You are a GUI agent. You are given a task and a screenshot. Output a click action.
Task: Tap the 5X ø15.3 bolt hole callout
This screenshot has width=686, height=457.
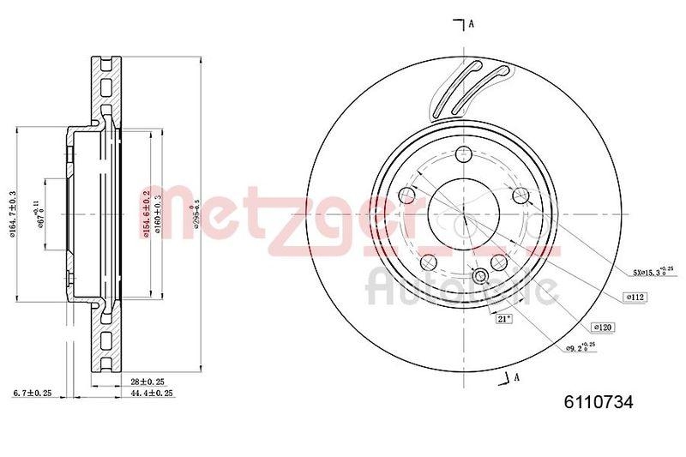click(652, 271)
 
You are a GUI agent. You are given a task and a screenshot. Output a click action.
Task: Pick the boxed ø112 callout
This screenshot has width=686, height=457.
click(635, 297)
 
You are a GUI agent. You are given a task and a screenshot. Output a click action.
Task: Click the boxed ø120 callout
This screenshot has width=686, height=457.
click(604, 327)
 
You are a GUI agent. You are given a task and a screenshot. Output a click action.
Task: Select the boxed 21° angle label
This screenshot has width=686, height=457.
click(503, 319)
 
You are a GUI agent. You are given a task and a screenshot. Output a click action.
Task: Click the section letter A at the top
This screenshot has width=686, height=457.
click(472, 24)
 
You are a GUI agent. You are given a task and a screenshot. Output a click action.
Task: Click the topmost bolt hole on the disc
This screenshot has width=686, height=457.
click(464, 155)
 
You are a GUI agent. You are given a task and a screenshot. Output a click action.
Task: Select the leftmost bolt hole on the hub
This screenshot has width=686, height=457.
click(407, 198)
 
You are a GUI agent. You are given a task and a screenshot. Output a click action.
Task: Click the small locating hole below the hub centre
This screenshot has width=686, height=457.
click(479, 275)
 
